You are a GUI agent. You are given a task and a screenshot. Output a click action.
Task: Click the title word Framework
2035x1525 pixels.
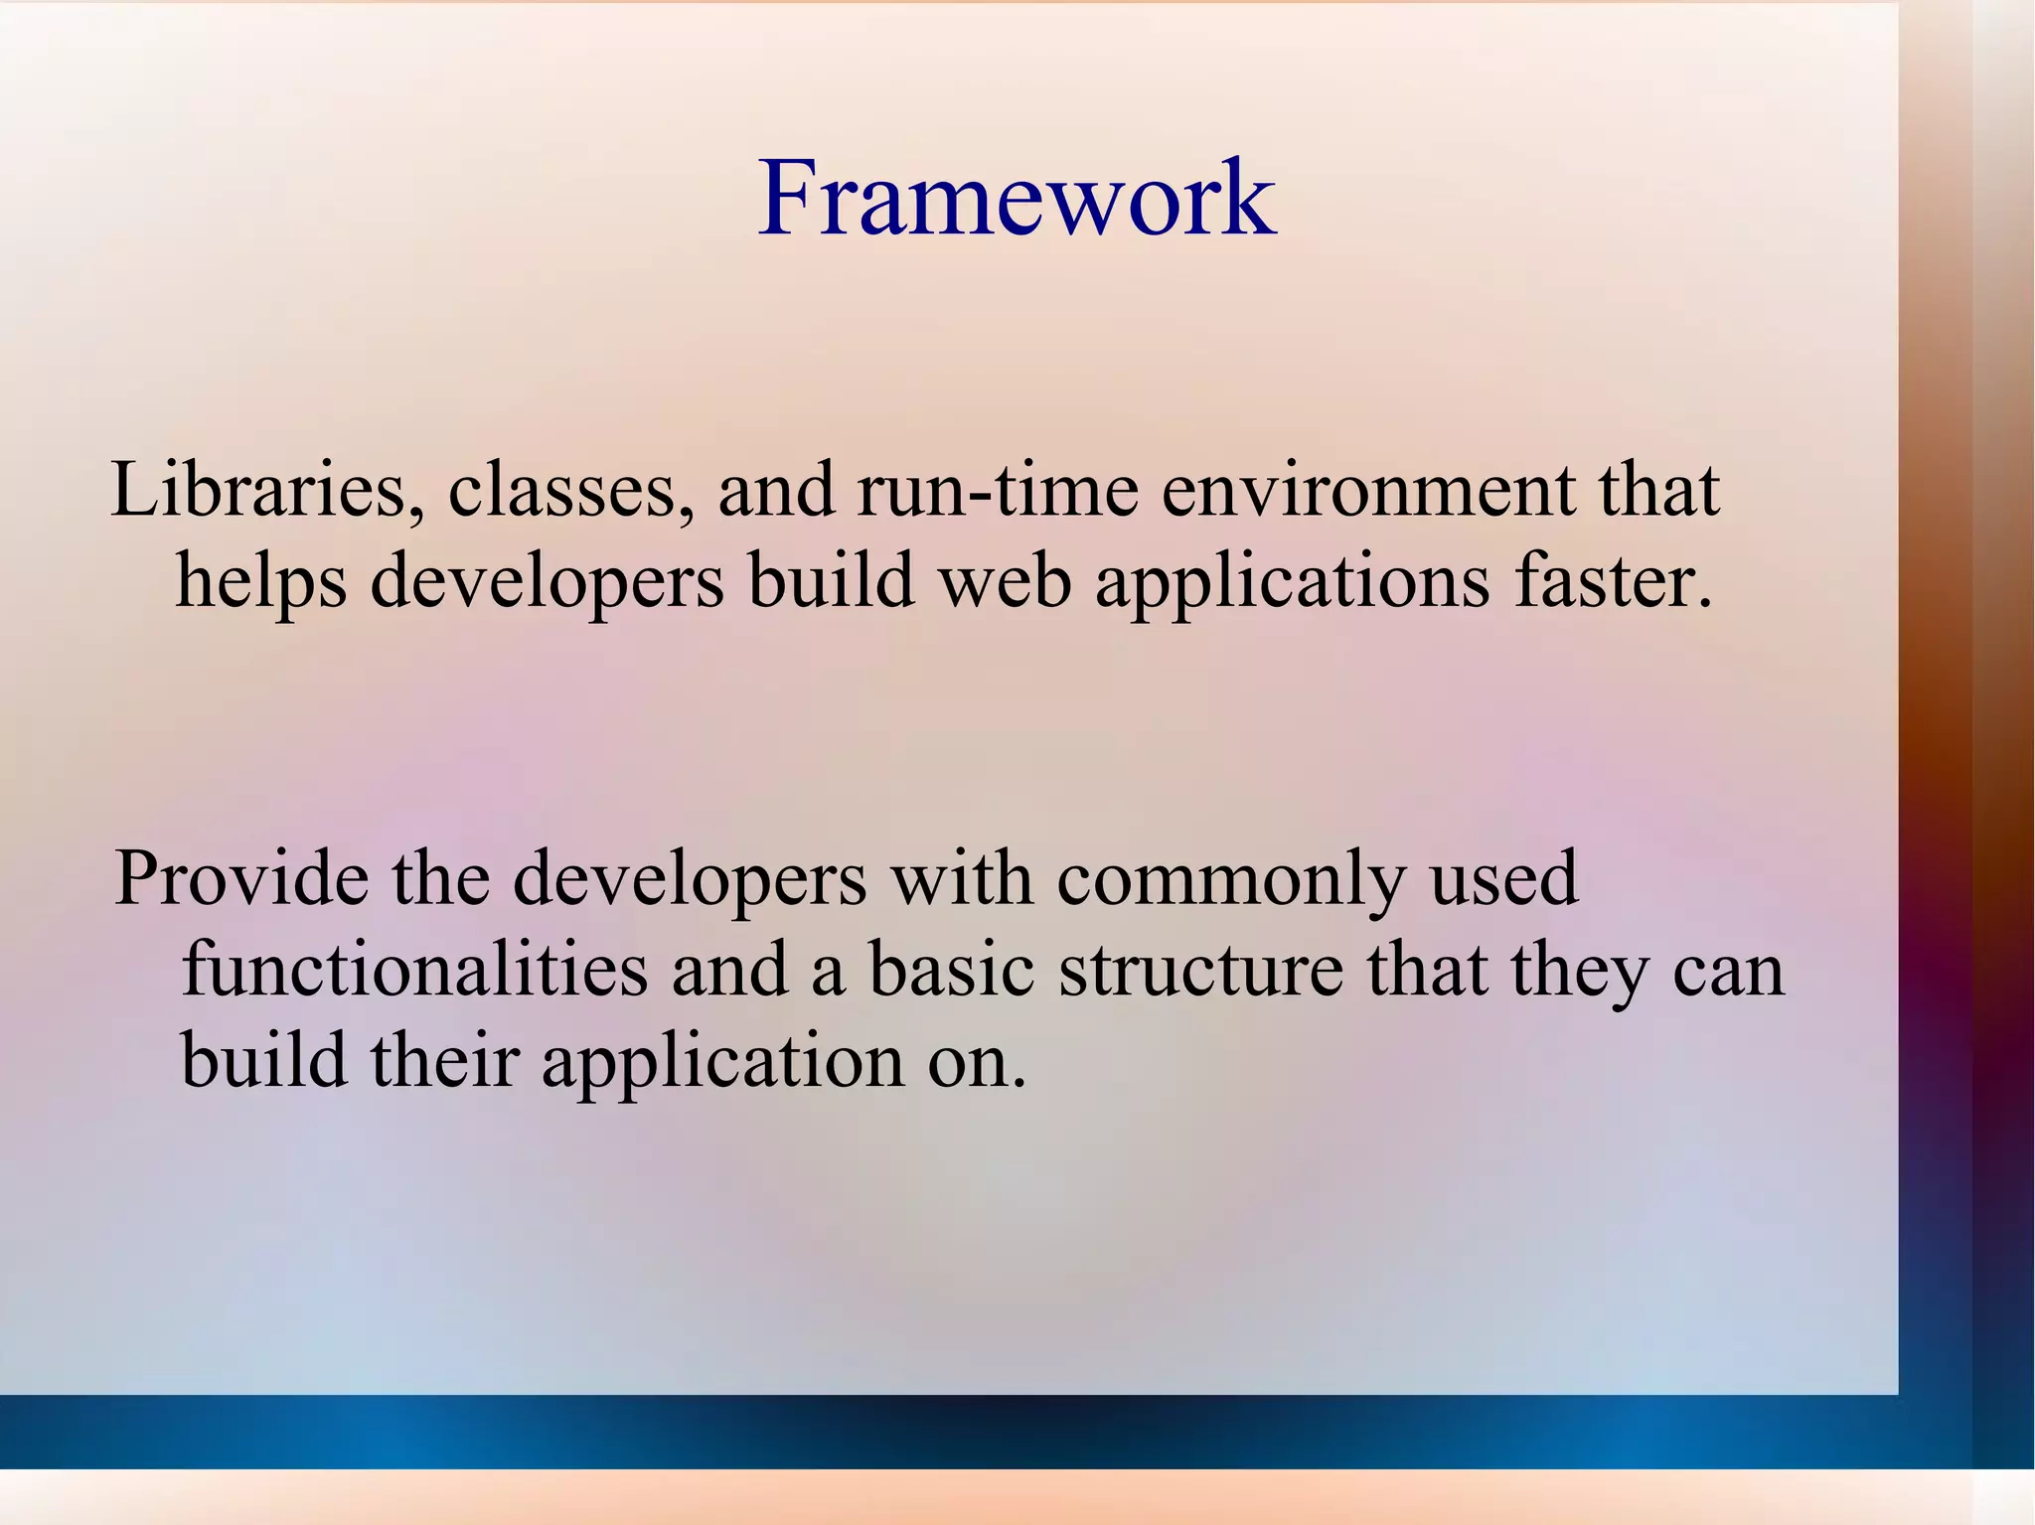(x=1016, y=199)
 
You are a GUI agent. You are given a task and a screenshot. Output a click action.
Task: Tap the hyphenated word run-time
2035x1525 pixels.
(x=997, y=492)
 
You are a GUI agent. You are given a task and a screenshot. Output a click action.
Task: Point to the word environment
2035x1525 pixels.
(x=1368, y=492)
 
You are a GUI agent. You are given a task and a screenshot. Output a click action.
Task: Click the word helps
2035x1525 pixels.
(x=261, y=582)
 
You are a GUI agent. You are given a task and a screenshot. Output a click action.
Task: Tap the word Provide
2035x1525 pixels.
(x=240, y=878)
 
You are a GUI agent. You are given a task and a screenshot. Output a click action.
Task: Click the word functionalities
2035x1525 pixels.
(x=414, y=971)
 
